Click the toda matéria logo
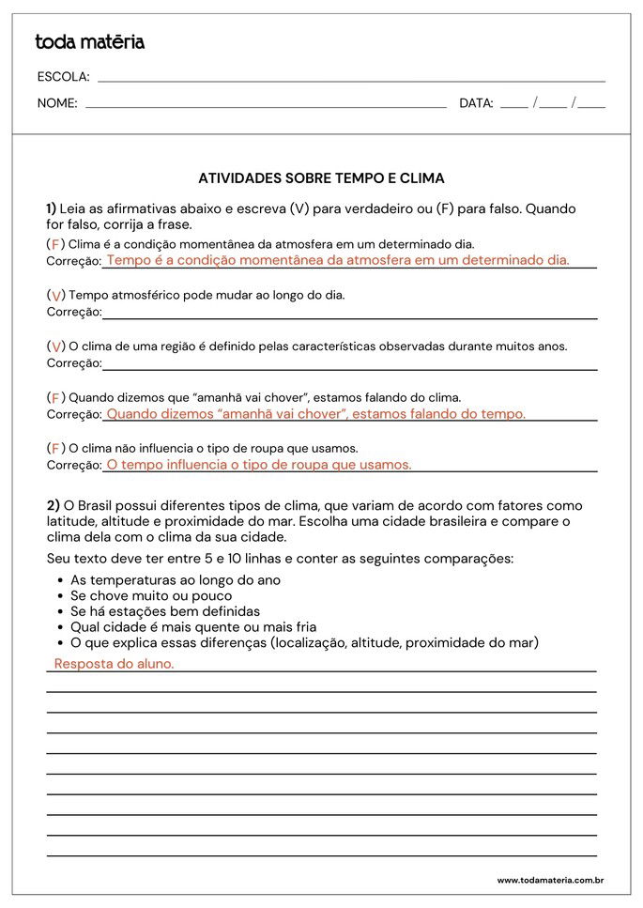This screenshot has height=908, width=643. pyautogui.click(x=89, y=42)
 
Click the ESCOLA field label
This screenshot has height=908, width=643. pyautogui.click(x=63, y=77)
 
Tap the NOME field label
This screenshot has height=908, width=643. pyautogui.click(x=57, y=103)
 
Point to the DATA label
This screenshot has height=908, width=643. pyautogui.click(x=476, y=103)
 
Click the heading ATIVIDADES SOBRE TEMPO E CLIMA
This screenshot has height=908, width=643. pyautogui.click(x=321, y=177)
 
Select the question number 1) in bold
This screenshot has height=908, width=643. pyautogui.click(x=52, y=208)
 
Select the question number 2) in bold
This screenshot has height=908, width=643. pyautogui.click(x=54, y=505)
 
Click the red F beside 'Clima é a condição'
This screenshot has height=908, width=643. pyautogui.click(x=55, y=244)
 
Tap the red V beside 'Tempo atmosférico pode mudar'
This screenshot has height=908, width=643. pyautogui.click(x=56, y=296)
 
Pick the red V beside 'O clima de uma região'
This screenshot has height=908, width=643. pyautogui.click(x=56, y=346)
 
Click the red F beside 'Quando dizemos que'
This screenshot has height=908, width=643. pyautogui.click(x=55, y=398)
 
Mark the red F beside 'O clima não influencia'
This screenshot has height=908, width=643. pyautogui.click(x=55, y=448)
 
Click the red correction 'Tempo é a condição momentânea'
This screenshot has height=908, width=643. pyautogui.click(x=338, y=261)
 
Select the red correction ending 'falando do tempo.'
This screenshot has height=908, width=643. pyautogui.click(x=315, y=413)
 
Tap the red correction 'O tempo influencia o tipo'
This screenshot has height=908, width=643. pyautogui.click(x=259, y=464)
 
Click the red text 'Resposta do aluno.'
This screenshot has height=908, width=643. pyautogui.click(x=114, y=663)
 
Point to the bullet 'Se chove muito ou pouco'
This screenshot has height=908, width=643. pyautogui.click(x=151, y=595)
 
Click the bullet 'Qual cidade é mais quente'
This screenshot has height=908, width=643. pyautogui.click(x=193, y=626)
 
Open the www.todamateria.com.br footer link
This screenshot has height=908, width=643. pyautogui.click(x=549, y=880)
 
